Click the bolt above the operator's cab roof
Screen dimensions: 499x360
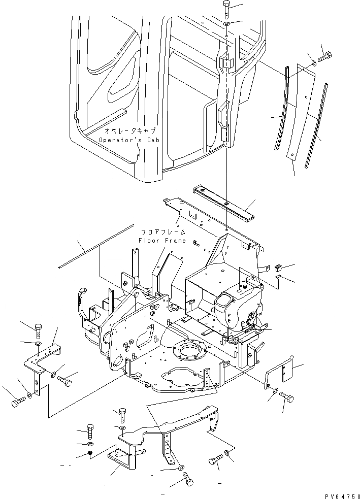pyautogui.click(x=226, y=9)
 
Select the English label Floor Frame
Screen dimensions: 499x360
pyautogui.click(x=162, y=240)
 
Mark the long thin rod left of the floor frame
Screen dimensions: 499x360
pyautogui.click(x=97, y=246)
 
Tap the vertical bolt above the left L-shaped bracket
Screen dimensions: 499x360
pyautogui.click(x=39, y=330)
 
